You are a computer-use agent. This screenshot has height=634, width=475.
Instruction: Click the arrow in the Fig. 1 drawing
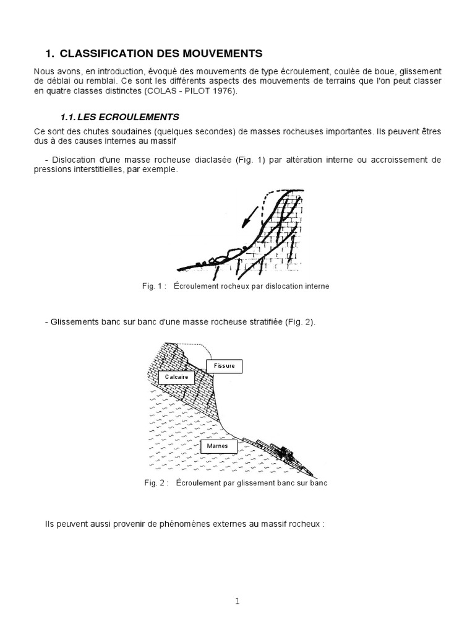pos(249,217)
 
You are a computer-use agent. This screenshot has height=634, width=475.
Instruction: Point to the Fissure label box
pos(224,366)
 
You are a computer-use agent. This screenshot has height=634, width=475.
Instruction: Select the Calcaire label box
pos(176,376)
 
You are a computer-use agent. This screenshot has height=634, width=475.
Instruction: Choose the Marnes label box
pos(218,445)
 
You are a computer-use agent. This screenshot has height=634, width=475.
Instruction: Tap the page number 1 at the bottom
pos(237,600)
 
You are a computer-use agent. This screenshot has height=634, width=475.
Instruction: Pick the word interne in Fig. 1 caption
pos(316,286)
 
